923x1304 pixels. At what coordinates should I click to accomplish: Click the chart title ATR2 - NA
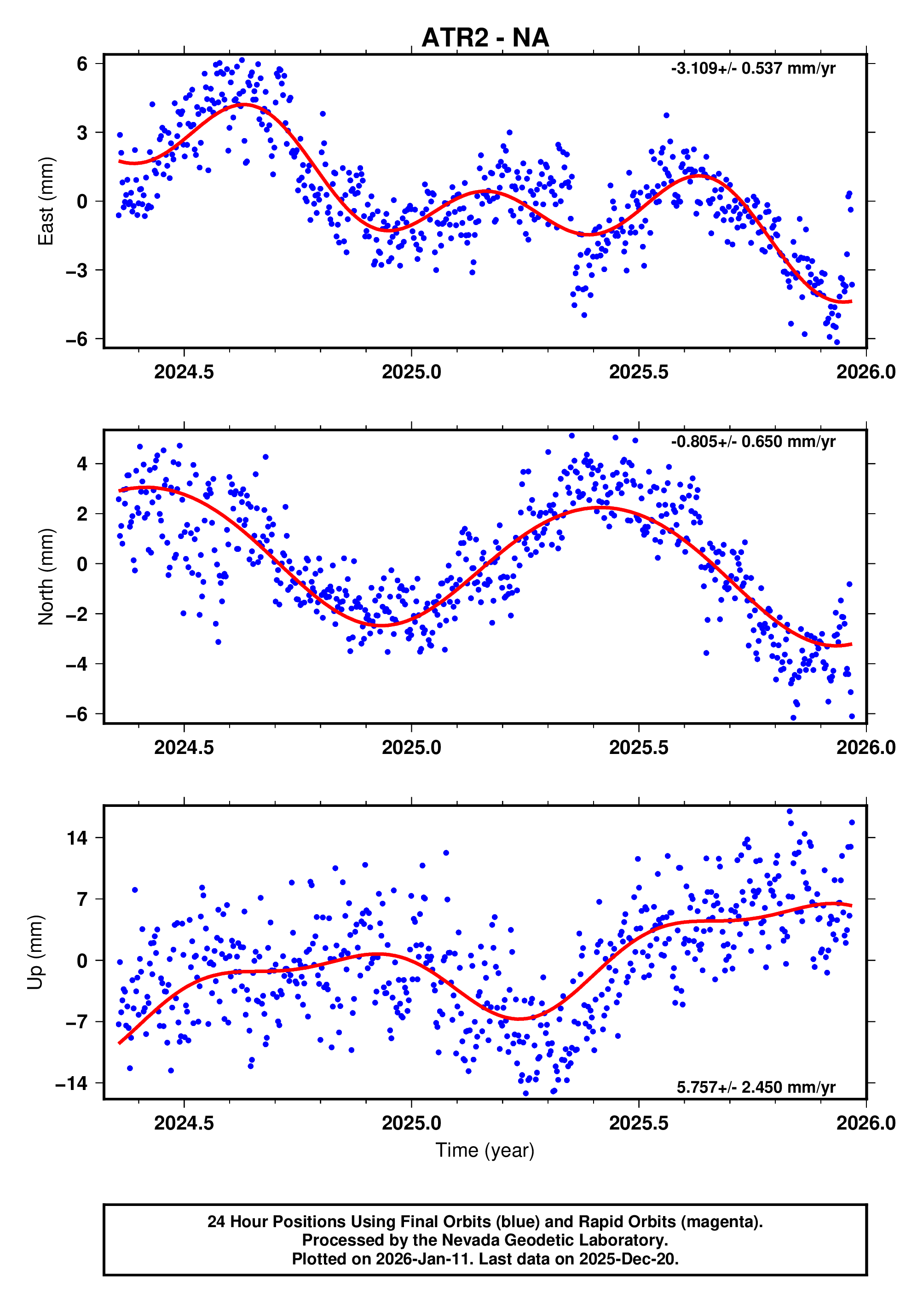pos(485,38)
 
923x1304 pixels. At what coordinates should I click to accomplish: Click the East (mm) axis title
pos(46,201)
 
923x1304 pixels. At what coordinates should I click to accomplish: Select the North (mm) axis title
pos(46,577)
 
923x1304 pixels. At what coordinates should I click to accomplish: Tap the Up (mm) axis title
pos(35,953)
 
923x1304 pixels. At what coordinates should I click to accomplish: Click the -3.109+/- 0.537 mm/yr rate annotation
pos(753,69)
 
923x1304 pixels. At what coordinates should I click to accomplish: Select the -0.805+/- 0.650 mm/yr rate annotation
pos(753,442)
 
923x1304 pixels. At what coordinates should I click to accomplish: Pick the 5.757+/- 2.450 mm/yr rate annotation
pos(756,1087)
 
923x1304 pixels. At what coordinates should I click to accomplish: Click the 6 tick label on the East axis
pos(82,64)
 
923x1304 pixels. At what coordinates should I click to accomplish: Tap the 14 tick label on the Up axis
pos(77,838)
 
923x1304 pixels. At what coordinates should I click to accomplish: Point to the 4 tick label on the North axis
pos(82,464)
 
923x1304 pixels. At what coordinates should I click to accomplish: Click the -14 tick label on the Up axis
pos(72,1084)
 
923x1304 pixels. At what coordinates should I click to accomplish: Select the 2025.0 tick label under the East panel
pos(411,372)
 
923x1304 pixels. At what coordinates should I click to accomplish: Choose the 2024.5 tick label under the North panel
pos(184,748)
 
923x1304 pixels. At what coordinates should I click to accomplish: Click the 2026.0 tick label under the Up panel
pos(865,1123)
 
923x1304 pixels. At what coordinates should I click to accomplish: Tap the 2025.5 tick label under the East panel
pos(639,372)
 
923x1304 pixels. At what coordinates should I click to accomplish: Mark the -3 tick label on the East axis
pos(77,271)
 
